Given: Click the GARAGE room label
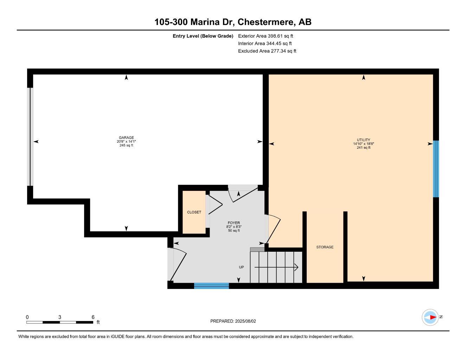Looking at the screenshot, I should pyautogui.click(x=126, y=138).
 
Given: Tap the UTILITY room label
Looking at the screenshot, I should pyautogui.click(x=363, y=140).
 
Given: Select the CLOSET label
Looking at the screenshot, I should pyautogui.click(x=194, y=212).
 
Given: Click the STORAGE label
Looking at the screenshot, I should pyautogui.click(x=325, y=247).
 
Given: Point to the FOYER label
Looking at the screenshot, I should pyautogui.click(x=234, y=223).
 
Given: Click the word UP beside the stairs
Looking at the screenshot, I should pyautogui.click(x=241, y=267).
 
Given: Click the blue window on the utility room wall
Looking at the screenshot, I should pyautogui.click(x=436, y=169).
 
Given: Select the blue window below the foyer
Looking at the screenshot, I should pyautogui.click(x=211, y=286).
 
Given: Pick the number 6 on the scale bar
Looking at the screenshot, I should pyautogui.click(x=93, y=317).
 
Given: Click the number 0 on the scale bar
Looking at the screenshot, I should pyautogui.click(x=27, y=317).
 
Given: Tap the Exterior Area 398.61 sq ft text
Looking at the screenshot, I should pyautogui.click(x=266, y=36).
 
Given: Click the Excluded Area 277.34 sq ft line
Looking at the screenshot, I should pyautogui.click(x=267, y=51).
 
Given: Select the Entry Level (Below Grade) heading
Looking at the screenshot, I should pyautogui.click(x=203, y=36).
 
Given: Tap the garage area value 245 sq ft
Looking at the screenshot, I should pyautogui.click(x=126, y=146).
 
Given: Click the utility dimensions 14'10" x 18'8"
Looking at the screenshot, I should pyautogui.click(x=363, y=144).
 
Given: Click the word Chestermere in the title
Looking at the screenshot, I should pyautogui.click(x=266, y=22).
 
